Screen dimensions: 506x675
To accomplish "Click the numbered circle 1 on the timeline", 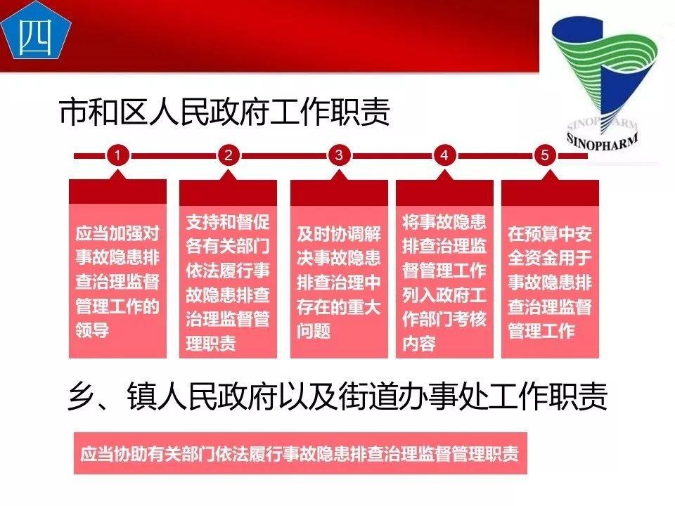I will point(118,155).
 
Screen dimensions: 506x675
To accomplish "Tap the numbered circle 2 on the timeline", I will point(228,155).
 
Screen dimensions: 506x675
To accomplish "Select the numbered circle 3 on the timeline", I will point(338,155).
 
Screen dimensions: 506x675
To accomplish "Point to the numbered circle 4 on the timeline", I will point(444,155).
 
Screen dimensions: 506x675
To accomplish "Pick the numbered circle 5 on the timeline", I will point(545,155).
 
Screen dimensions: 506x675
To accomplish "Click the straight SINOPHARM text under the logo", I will point(603,141).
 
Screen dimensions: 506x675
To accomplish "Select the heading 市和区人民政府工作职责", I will point(224,112).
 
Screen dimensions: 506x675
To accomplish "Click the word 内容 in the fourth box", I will point(419,344).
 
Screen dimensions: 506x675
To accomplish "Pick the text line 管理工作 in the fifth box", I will point(541,330).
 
